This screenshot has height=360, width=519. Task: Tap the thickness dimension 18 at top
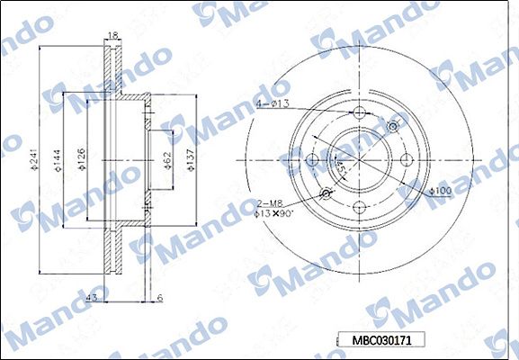tap(112, 35)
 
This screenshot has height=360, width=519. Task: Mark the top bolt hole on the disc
tap(360, 114)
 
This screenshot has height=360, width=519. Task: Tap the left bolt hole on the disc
tap(313, 161)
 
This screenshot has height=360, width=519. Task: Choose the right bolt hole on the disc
tap(407, 161)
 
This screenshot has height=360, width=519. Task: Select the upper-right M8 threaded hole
tap(393, 128)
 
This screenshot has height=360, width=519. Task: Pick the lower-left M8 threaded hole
tap(327, 194)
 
